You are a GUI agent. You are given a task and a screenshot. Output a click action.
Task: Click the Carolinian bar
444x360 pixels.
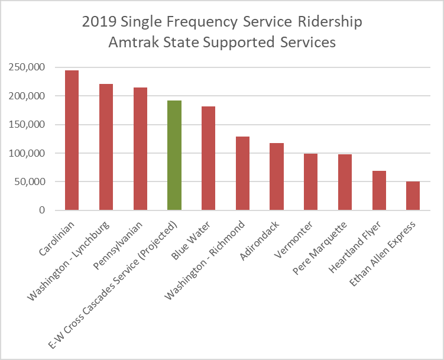(x=72, y=140)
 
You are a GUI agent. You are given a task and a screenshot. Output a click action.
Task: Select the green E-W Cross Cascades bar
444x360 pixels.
(x=174, y=155)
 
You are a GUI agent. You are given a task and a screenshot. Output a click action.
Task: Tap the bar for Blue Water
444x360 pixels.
(x=208, y=158)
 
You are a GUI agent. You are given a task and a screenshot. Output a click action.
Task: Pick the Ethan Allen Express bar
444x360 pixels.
(x=413, y=196)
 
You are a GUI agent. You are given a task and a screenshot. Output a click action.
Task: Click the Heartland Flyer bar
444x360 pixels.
(x=379, y=190)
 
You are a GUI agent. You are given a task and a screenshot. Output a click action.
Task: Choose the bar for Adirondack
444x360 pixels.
(x=277, y=177)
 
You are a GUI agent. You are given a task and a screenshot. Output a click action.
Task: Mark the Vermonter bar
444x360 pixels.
(x=311, y=182)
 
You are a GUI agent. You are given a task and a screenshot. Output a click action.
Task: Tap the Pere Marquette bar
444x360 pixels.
(x=345, y=182)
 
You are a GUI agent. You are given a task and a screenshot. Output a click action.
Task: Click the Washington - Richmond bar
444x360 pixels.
(x=242, y=173)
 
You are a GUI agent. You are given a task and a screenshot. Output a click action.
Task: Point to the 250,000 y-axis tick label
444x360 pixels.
(x=27, y=67)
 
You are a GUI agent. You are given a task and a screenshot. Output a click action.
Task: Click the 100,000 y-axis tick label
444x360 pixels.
(x=27, y=153)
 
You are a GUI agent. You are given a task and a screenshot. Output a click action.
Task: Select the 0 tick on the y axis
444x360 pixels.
(x=41, y=210)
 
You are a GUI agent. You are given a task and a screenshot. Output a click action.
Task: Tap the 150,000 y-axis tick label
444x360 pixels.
(x=27, y=125)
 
